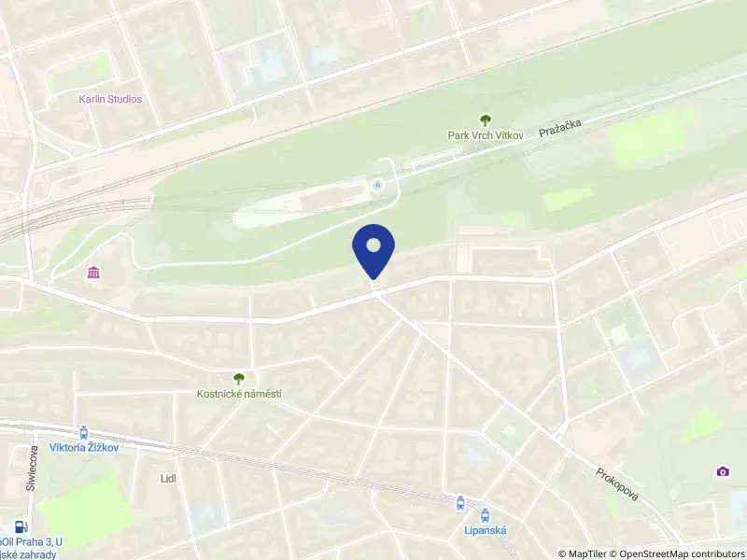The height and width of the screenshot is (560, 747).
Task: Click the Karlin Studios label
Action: tap(110, 99)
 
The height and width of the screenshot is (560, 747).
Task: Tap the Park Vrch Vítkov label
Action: tap(485, 134)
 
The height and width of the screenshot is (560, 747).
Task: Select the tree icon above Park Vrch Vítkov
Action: tap(485, 119)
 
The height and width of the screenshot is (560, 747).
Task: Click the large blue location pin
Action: tap(373, 249)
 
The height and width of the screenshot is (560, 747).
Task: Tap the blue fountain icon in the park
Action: tap(377, 186)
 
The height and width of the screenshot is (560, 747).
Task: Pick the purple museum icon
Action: tap(94, 273)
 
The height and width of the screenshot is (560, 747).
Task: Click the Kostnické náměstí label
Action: tap(239, 394)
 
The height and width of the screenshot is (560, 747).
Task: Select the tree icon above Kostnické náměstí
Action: tap(239, 378)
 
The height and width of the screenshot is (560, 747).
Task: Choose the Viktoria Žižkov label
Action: tap(85, 447)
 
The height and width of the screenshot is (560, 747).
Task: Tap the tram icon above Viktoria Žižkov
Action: tap(85, 432)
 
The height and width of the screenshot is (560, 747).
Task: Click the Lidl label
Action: tap(168, 478)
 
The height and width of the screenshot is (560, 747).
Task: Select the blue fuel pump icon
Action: tap(21, 526)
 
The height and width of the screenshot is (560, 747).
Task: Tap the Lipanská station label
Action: tap(485, 529)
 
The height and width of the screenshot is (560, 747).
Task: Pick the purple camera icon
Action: tap(722, 472)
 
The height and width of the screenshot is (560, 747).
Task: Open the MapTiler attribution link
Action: tap(584, 553)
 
